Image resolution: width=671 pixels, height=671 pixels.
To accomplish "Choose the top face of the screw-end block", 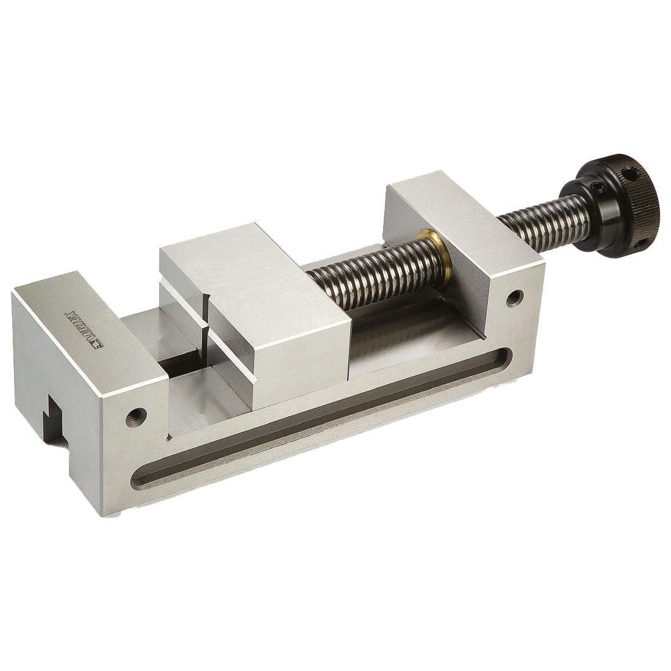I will pyautogui.click(x=464, y=213).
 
